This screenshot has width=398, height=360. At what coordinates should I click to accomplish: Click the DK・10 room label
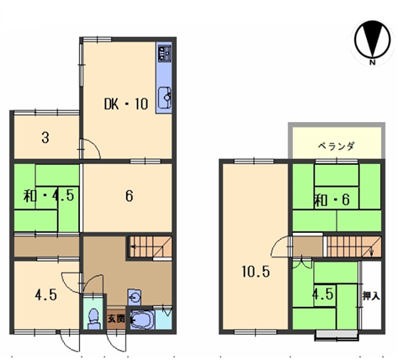(x=126, y=104)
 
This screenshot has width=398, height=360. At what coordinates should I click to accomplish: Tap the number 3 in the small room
(x=45, y=138)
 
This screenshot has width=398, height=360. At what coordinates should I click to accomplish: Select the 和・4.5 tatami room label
(x=49, y=195)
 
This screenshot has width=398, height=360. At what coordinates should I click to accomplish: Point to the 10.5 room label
(x=256, y=272)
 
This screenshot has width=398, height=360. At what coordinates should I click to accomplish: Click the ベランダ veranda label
(x=337, y=146)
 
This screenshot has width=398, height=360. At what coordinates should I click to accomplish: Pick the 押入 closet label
(x=371, y=295)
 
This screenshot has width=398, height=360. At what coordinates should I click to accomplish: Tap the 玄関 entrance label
(x=116, y=319)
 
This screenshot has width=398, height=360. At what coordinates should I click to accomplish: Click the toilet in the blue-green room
(x=93, y=319)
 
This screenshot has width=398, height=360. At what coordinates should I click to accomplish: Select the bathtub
(x=142, y=319)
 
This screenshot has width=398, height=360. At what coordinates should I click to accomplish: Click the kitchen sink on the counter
(x=165, y=98)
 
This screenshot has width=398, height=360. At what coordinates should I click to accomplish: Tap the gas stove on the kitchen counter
(x=165, y=53)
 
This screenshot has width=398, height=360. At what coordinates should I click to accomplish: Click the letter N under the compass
(x=372, y=63)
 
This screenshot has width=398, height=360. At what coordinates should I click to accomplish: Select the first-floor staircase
(x=150, y=246)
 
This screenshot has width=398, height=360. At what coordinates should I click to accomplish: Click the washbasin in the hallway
(x=135, y=297)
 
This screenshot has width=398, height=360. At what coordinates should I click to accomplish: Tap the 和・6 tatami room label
(x=332, y=200)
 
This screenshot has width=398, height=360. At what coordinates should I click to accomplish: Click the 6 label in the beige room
(x=129, y=196)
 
